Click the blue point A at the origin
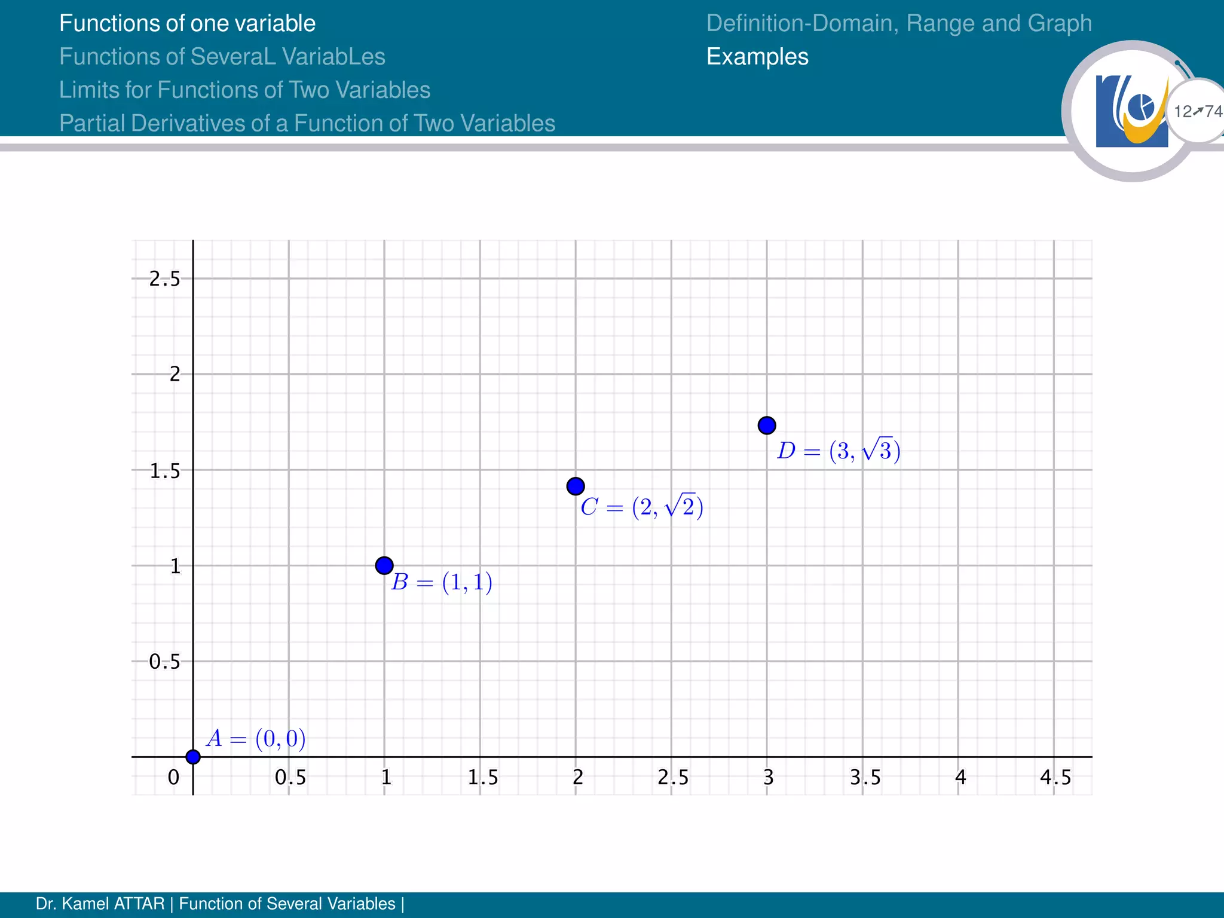(x=193, y=757)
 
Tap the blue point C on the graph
(x=576, y=486)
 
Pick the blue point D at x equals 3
(x=767, y=426)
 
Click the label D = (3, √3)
(x=839, y=450)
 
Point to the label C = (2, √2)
(x=642, y=507)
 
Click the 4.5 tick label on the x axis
(x=1055, y=777)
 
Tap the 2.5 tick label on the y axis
(x=164, y=279)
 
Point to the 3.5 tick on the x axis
(x=865, y=777)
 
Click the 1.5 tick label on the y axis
(x=164, y=471)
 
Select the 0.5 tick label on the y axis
(x=164, y=662)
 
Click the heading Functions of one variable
(x=187, y=23)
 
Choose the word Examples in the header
(x=757, y=57)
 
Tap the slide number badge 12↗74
(x=1197, y=111)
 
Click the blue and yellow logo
(x=1131, y=111)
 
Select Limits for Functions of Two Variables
(x=244, y=90)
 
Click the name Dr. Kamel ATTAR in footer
(x=100, y=904)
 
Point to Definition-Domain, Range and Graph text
(x=899, y=23)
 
